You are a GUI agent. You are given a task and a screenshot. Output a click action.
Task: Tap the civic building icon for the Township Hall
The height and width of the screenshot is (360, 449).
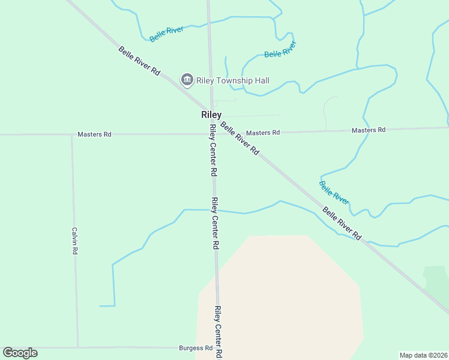187,80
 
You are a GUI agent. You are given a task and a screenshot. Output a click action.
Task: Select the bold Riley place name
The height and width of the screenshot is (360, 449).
211,115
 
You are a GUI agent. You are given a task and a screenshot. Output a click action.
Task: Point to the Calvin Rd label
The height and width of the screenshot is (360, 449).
75,241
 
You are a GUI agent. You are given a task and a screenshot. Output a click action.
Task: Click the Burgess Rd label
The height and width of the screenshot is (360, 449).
196,348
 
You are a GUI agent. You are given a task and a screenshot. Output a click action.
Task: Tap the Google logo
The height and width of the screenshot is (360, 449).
20,353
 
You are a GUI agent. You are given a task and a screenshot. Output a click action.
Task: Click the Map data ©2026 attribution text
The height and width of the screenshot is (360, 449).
423,355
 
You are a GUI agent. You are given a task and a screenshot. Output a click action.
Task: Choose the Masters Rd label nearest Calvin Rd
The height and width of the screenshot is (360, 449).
94,134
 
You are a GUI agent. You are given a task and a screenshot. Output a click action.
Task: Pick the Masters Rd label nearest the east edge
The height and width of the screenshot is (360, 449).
368,130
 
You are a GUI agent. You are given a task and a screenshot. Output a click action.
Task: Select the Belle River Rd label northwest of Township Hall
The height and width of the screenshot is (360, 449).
139,61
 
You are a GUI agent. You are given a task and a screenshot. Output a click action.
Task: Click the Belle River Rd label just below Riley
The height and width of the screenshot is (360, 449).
240,139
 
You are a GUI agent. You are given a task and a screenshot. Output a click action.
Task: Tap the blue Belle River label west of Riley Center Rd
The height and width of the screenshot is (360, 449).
166,34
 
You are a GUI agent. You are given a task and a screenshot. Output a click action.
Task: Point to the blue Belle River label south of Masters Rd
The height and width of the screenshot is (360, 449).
334,193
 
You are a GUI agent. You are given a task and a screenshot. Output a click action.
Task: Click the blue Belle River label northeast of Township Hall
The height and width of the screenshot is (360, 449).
281,50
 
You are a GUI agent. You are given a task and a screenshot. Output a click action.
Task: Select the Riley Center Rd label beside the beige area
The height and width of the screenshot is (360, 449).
218,329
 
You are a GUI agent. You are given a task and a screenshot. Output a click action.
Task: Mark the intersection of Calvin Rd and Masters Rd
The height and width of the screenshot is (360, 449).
72,134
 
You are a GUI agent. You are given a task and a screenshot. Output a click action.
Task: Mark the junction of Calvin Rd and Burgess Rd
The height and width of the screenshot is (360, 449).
77,347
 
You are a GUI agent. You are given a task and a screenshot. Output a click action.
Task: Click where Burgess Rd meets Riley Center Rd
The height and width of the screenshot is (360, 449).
218,347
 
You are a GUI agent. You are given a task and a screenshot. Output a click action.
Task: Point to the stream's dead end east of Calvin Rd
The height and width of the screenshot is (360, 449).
101,306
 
